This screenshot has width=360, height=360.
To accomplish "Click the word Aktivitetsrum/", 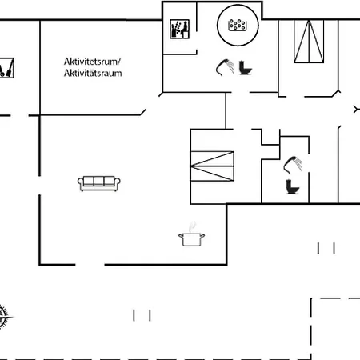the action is coord(92,62).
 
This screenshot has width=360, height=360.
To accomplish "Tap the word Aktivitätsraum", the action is coord(93,73).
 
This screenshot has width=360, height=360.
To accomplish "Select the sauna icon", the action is coord(179,29).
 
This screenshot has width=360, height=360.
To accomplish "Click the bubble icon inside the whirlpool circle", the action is coord(237,25).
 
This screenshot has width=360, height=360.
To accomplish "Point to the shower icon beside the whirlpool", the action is coord(225,67).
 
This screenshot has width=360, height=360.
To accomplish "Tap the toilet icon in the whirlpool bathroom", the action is coord(245,68).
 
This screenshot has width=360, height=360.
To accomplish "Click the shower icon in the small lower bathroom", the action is coord(293,165).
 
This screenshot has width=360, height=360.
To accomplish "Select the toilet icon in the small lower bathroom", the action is coord(293,186).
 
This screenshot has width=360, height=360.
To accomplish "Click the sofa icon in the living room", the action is coord(99,183).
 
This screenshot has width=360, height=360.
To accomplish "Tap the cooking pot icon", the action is coord(192,239).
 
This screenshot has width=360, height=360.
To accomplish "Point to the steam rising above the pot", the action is coord(192,226).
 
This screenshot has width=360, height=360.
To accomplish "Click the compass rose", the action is coord(3,317).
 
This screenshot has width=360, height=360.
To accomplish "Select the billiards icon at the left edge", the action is coord(6,68).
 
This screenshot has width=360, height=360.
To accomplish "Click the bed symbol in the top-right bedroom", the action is coord(309,42).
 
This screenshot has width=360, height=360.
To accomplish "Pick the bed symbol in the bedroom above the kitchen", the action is coord(212,166).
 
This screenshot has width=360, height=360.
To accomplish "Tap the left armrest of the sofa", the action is coord(80,183).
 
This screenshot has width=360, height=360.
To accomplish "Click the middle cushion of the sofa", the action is coord(98,181).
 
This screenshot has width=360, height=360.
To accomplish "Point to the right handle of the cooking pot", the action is coord(202,236).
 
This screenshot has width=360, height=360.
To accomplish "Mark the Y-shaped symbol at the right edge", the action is coord(357,110).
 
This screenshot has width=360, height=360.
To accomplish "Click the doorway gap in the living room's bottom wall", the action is coord(90,265).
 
